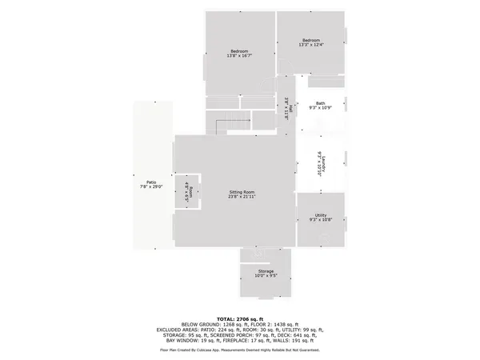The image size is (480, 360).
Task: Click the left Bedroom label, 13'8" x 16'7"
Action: pos(240,54)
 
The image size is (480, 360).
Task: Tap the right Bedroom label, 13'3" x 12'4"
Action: pos(310,43)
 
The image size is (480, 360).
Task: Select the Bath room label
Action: pos(320,105)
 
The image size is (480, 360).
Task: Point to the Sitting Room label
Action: pos(242,194)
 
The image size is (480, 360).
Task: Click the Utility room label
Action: pos(320,218)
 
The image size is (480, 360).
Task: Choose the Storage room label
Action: pos(266,274)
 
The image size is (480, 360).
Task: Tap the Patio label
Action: pos(151,184)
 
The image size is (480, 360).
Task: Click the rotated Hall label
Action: pos(285,108)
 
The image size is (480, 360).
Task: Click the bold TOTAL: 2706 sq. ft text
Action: pos(240,319)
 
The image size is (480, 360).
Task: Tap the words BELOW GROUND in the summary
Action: pos(197,325)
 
